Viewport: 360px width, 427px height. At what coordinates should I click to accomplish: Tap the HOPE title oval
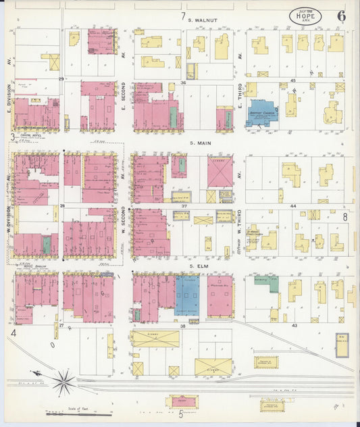(305, 15)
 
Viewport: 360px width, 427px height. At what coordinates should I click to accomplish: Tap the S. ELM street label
(197, 266)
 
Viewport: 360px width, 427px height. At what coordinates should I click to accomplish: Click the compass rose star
(64, 383)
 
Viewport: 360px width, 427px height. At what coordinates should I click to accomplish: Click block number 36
(183, 82)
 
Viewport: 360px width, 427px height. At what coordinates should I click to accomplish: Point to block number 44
(293, 205)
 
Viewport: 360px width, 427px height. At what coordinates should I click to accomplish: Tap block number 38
(182, 326)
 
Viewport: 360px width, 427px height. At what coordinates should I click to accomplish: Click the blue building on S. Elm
(186, 295)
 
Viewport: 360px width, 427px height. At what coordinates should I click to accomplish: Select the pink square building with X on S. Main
(220, 172)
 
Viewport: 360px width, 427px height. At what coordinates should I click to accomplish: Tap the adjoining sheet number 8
(344, 217)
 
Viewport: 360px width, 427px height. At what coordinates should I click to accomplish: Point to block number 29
(61, 79)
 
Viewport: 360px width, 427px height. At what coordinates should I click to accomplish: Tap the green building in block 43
(267, 282)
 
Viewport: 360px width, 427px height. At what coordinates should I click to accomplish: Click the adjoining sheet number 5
(180, 414)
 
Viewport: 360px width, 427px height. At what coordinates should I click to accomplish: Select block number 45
(293, 81)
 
